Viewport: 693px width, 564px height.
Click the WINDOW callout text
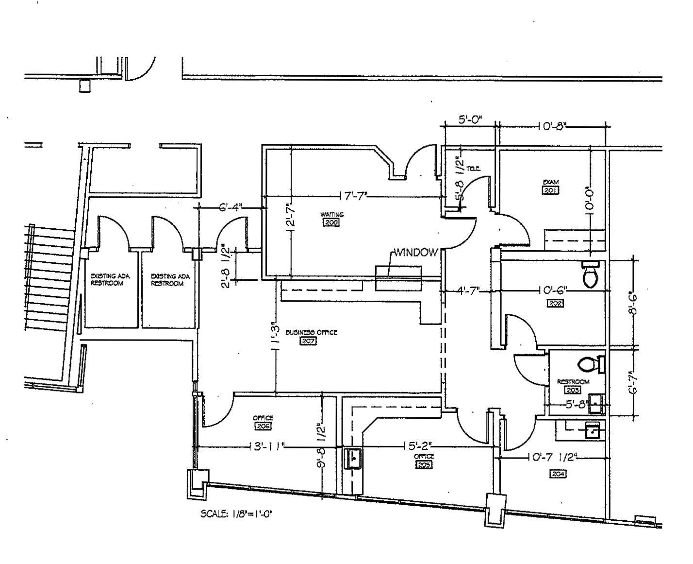[416, 253]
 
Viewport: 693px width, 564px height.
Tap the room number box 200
[331, 223]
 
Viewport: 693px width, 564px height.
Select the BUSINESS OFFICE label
[311, 332]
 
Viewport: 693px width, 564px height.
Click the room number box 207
[309, 341]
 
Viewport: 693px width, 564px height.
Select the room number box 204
[558, 474]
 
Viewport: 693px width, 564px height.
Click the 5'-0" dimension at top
[470, 120]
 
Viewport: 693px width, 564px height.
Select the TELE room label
[473, 169]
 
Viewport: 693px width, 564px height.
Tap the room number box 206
[263, 426]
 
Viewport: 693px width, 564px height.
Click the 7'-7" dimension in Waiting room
[355, 196]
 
